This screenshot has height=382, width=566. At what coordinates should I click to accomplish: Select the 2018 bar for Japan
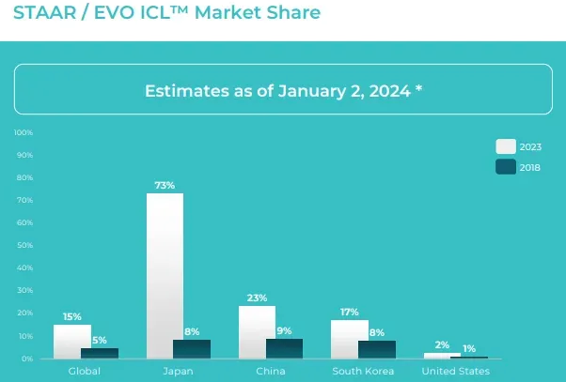[x=192, y=348]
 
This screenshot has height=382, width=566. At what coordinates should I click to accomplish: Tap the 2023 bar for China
[x=257, y=331]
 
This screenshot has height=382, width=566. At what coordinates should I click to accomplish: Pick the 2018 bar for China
[x=284, y=347]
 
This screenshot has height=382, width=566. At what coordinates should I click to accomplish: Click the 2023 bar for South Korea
[x=349, y=338]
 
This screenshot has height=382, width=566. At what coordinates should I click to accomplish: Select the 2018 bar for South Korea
[x=376, y=348]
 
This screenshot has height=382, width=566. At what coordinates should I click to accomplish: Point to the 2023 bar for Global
[x=71, y=341]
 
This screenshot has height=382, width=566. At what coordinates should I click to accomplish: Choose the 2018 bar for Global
[x=100, y=352]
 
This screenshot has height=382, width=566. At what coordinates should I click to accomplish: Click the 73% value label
[x=165, y=185]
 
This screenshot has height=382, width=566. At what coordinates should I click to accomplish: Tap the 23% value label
[x=257, y=298]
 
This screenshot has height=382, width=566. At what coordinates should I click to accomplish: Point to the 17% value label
[x=349, y=312]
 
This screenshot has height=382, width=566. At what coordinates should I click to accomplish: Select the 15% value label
[x=71, y=316]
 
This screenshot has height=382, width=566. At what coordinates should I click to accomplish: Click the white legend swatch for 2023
[x=506, y=146]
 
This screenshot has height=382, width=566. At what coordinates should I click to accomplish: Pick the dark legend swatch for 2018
[x=506, y=167]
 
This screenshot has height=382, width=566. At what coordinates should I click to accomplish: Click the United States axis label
[x=455, y=372]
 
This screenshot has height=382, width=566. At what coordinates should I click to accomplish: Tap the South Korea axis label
[x=363, y=372]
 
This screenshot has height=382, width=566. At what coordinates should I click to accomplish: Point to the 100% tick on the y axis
[x=24, y=132]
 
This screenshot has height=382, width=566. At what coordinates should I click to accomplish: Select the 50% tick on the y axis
[x=25, y=246]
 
